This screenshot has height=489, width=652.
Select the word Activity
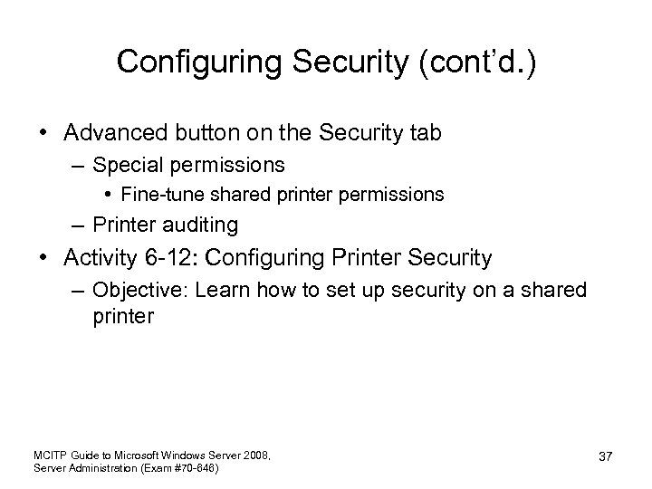100,258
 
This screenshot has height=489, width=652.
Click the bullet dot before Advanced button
44,133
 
